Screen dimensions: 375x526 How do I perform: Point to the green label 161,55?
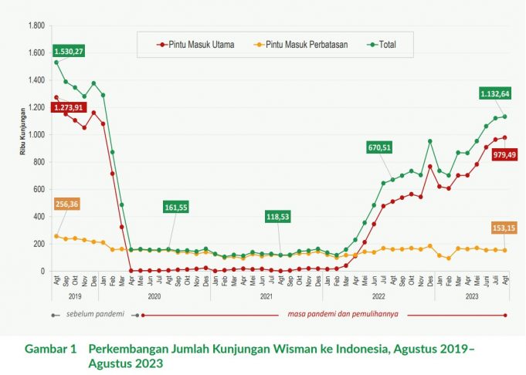[177, 208]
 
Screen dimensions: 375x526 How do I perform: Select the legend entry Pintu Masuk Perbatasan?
[298, 44]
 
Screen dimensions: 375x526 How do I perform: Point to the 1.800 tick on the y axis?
[36, 25]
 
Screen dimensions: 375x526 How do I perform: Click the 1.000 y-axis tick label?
[36, 135]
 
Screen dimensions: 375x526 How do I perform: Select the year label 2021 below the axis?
[266, 295]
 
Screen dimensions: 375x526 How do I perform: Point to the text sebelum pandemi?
[94, 315]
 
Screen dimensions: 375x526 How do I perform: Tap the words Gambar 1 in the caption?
[50, 349]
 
